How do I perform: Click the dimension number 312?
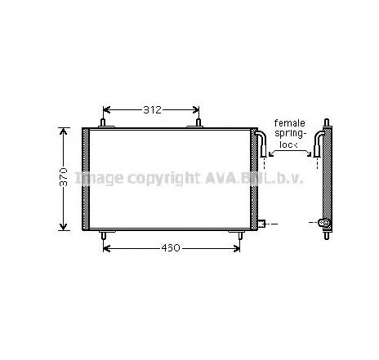[150, 110]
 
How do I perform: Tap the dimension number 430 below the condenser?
[172, 248]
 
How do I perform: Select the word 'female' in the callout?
[290, 123]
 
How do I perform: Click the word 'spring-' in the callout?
[290, 134]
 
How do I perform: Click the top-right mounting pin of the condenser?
[199, 123]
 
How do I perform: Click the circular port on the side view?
[324, 222]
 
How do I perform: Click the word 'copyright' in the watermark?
[155, 177]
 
